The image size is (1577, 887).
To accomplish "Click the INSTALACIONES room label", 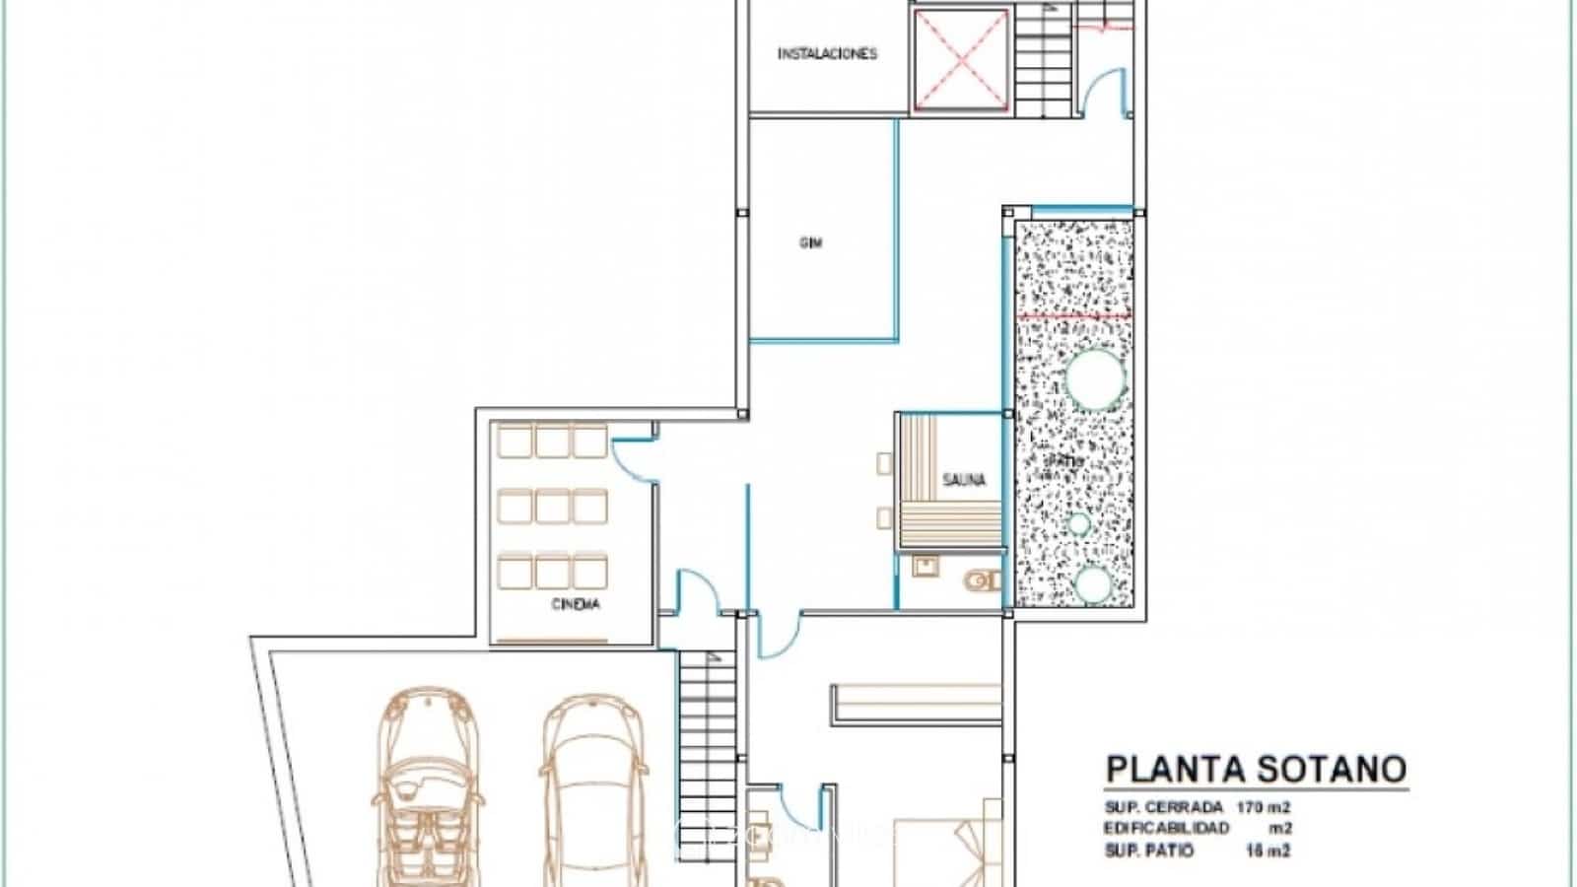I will tap(827, 54).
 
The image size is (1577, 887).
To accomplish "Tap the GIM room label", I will tap(810, 242).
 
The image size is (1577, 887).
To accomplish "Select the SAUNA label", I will tap(963, 480).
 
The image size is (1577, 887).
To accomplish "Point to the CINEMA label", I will tap(576, 603).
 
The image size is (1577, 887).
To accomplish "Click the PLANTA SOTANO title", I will tap(1256, 769).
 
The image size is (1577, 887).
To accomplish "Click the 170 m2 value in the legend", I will tap(1264, 807).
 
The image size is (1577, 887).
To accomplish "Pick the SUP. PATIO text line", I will tap(1149, 851).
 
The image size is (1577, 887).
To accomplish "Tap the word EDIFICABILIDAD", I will tap(1167, 829).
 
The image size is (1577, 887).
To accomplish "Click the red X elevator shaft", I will tap(961, 59).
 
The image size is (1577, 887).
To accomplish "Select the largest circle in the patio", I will tap(1095, 379).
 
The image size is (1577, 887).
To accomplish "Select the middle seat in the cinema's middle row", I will tap(552, 508).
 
